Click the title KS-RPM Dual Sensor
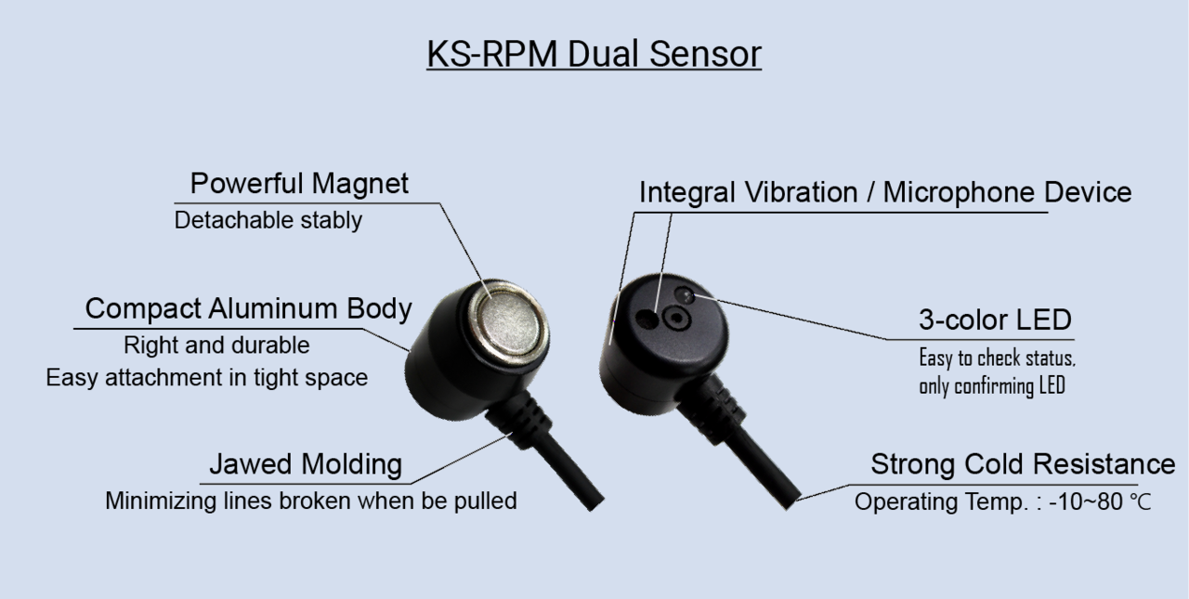point(594,55)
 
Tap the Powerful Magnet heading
point(299,183)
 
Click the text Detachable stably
point(268,221)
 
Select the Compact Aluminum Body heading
point(248,308)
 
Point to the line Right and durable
point(216,345)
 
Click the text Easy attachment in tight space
point(207,378)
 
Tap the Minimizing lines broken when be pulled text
point(310,501)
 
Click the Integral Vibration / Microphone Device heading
point(884,192)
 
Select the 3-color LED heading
point(995,320)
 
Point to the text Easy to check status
point(997,358)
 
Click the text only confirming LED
point(991,386)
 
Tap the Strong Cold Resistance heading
point(1022,463)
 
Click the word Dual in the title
point(608,55)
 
